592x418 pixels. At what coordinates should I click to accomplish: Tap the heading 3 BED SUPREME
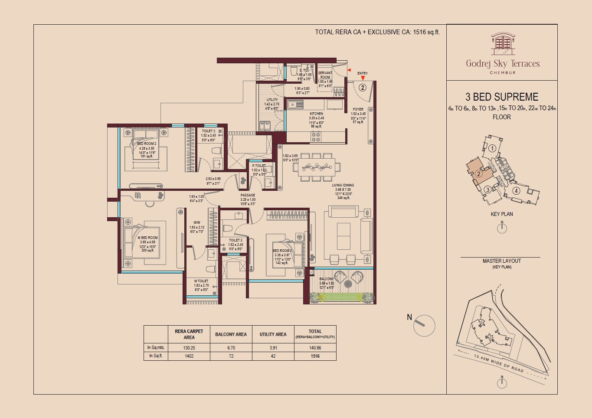coord(502,97)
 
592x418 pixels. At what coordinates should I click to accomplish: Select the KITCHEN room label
coord(316,114)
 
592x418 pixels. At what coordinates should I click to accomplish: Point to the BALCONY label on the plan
coord(326,279)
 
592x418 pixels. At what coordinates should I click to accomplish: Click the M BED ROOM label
coord(147,238)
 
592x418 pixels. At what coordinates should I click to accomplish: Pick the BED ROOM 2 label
coord(147,144)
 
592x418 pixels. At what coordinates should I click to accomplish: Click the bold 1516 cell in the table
coord(315,356)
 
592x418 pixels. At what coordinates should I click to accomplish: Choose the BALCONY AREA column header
coord(231,334)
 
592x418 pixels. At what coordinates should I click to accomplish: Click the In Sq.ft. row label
coord(155,356)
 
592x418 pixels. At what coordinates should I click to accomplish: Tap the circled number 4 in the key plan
coord(516,190)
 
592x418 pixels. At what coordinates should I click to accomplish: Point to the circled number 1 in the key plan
coord(492,148)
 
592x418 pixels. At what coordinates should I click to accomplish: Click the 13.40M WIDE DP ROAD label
coord(499,363)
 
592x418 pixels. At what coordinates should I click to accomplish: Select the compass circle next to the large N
coord(424,326)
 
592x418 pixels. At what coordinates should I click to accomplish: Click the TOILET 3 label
coord(235,240)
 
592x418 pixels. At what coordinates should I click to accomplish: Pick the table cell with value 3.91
coord(273,348)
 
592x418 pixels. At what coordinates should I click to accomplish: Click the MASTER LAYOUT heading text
coord(502,261)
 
